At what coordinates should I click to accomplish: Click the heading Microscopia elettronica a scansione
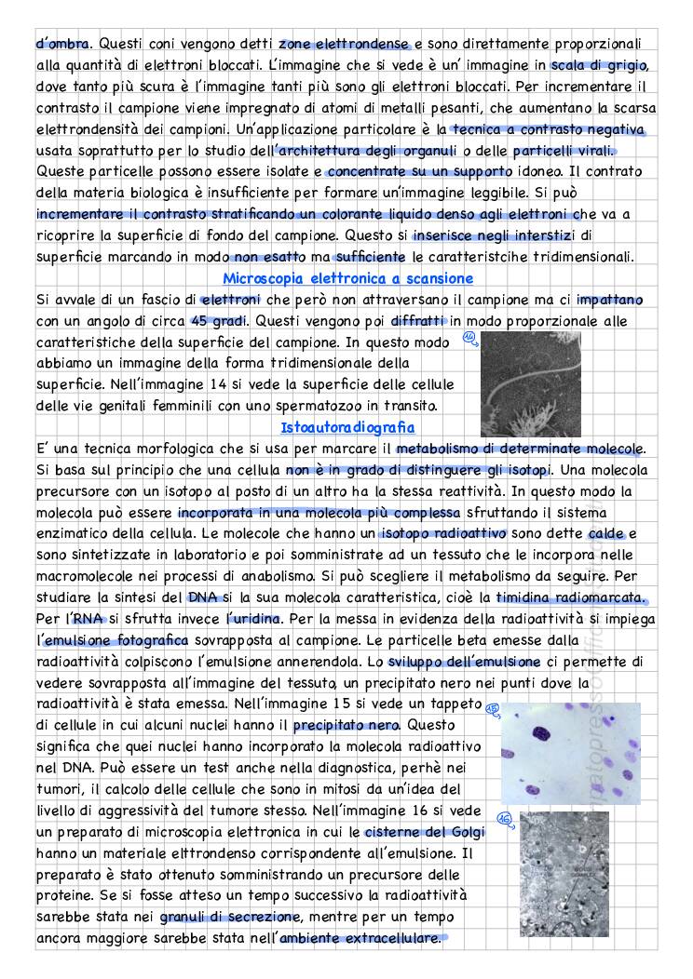pos(348,278)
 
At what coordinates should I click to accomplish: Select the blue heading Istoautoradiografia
pos(347,427)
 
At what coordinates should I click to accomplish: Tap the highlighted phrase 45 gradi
pos(219,321)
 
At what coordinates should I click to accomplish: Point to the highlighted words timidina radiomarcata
pos(570,597)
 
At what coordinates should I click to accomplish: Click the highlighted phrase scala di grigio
pos(598,64)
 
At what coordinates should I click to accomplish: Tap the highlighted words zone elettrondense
pos(344,43)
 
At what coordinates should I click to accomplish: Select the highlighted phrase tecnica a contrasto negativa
pos(547,129)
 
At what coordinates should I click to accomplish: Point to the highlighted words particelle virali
pos(564,151)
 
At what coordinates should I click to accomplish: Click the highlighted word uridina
pos(256,619)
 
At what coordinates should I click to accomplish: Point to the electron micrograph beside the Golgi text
pos(564,874)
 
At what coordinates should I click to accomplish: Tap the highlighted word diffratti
pos(418,321)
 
